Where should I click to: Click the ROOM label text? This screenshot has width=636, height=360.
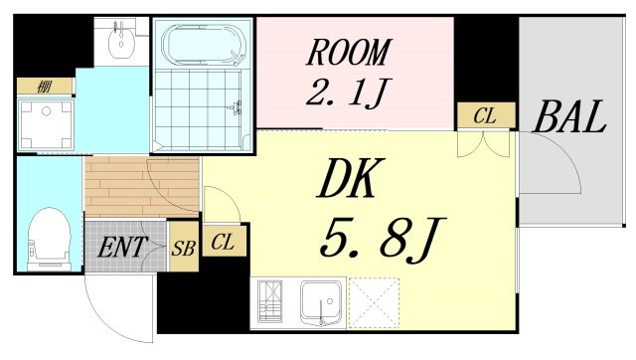(x=348, y=53)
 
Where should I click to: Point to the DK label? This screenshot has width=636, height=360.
(x=351, y=178)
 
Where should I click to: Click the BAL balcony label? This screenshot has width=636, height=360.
(x=569, y=116)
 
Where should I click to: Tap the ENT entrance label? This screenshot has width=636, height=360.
(x=121, y=247)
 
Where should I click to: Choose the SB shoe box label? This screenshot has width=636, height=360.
(x=183, y=248)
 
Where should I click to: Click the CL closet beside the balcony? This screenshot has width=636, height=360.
(x=486, y=116)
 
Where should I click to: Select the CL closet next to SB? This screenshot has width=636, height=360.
(x=223, y=242)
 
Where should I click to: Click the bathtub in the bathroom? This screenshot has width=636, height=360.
(x=203, y=45)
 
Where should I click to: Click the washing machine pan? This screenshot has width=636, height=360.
(x=46, y=125)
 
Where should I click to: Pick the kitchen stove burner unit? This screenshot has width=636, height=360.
(x=270, y=301)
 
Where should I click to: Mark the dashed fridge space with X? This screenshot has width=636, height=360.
(x=374, y=302)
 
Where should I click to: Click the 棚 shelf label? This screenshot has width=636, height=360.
(x=44, y=87)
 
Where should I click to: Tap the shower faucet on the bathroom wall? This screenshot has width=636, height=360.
(x=237, y=107)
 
